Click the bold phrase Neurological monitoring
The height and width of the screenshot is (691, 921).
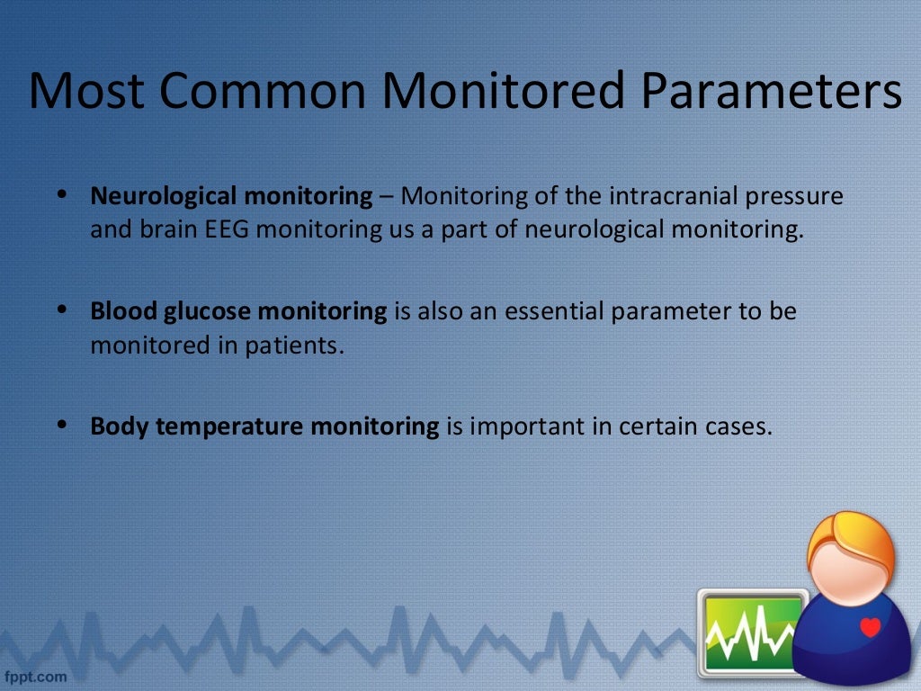click(231, 195)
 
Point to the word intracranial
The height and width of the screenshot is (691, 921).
click(675, 195)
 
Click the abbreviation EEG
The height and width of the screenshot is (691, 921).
click(231, 229)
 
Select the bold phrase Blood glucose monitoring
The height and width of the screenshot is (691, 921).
click(238, 311)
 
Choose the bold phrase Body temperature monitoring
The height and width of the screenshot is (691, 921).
click(264, 426)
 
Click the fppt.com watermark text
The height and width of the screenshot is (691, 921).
click(36, 675)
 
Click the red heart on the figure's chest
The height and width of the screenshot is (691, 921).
click(870, 626)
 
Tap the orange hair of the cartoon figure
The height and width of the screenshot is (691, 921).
click(850, 535)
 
